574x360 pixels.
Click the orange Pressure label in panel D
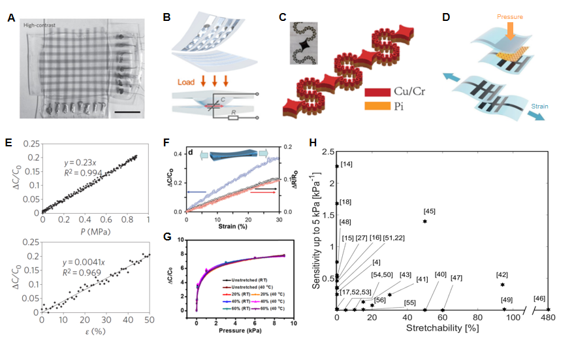pos(510,15)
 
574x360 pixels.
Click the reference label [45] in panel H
pos(430,211)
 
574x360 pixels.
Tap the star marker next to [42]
pos(502,284)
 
